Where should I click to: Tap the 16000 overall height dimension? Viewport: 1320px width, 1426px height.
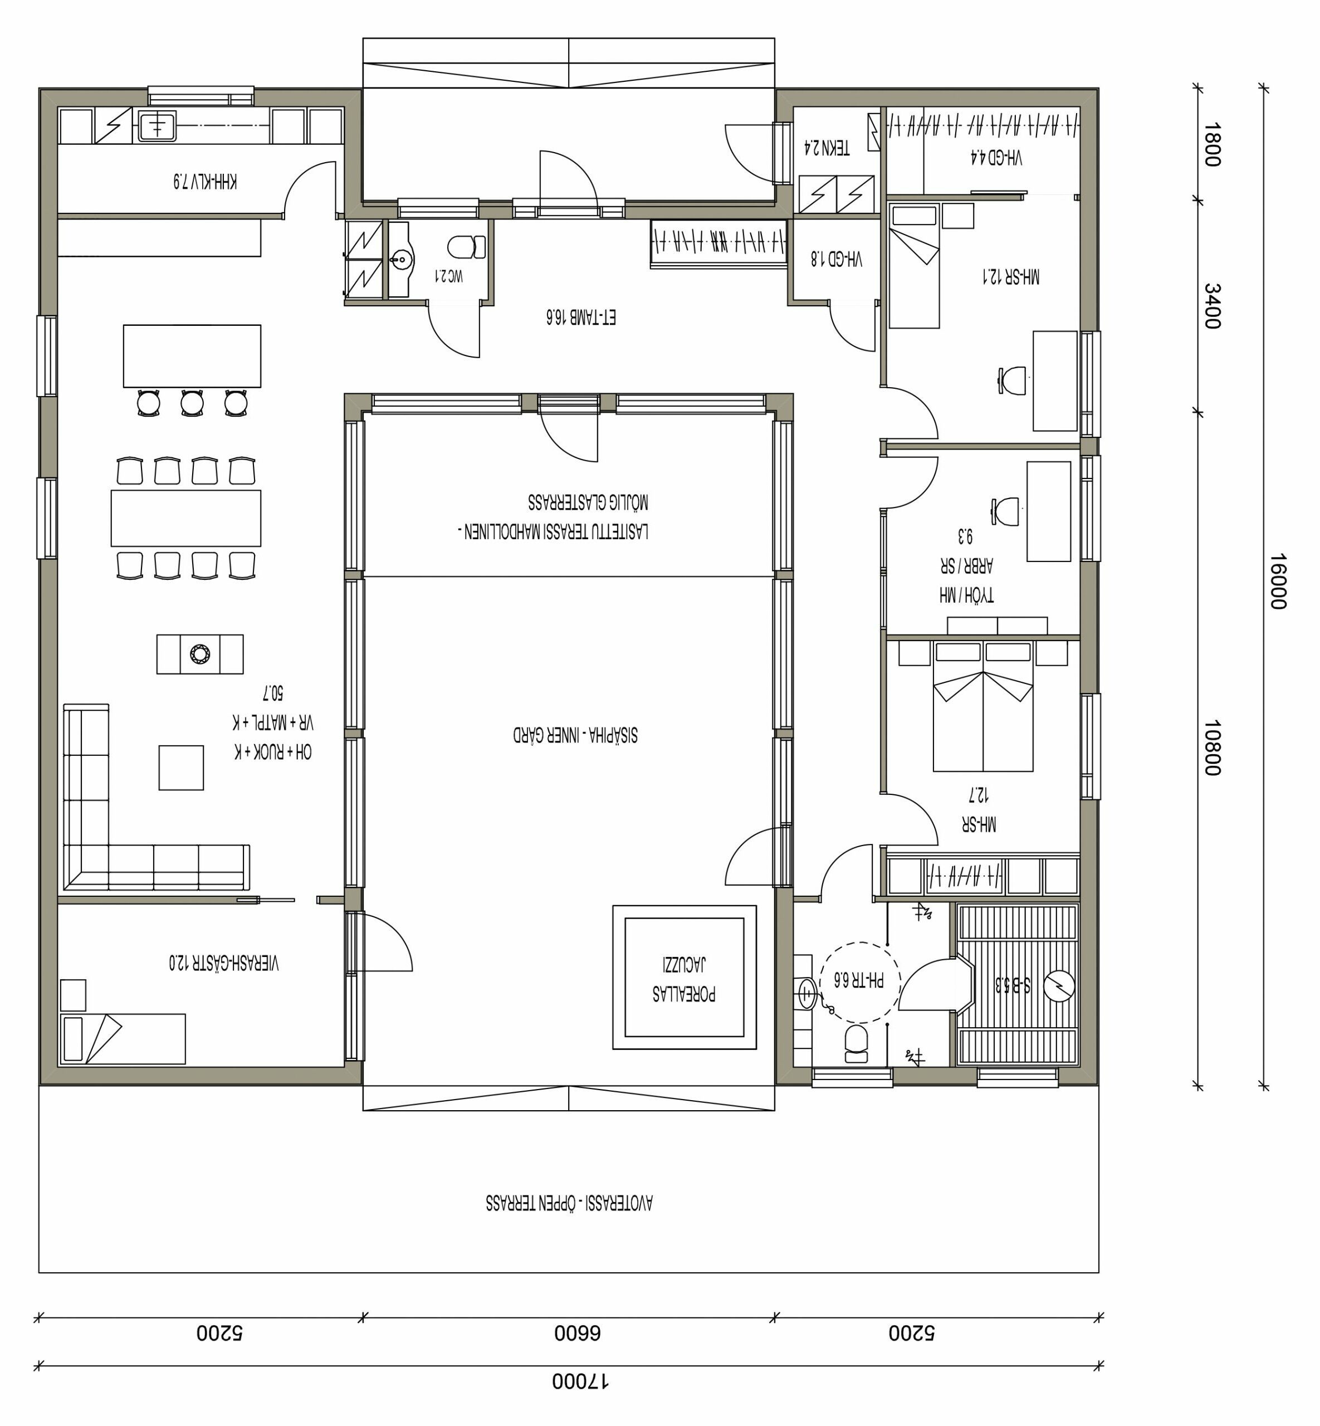(x=1278, y=581)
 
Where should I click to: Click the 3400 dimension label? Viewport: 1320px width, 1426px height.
(x=1212, y=306)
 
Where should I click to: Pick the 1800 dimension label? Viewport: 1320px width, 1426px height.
(x=1212, y=144)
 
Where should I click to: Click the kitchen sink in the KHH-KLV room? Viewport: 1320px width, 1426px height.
(x=157, y=126)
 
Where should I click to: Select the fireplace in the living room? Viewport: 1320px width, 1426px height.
(x=200, y=654)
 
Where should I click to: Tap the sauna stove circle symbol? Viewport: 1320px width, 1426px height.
(x=1059, y=986)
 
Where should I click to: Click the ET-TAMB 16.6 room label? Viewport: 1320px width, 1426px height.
(x=581, y=316)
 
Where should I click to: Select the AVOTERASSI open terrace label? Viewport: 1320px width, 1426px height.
(x=569, y=1203)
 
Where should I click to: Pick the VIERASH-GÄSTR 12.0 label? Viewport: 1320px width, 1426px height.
(x=223, y=963)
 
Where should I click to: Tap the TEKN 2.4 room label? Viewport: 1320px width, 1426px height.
(x=827, y=148)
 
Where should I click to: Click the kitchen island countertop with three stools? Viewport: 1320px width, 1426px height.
(x=192, y=356)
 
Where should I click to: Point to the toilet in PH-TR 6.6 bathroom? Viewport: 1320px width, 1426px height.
(x=857, y=1044)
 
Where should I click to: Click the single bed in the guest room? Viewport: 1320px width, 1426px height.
(x=123, y=1039)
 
